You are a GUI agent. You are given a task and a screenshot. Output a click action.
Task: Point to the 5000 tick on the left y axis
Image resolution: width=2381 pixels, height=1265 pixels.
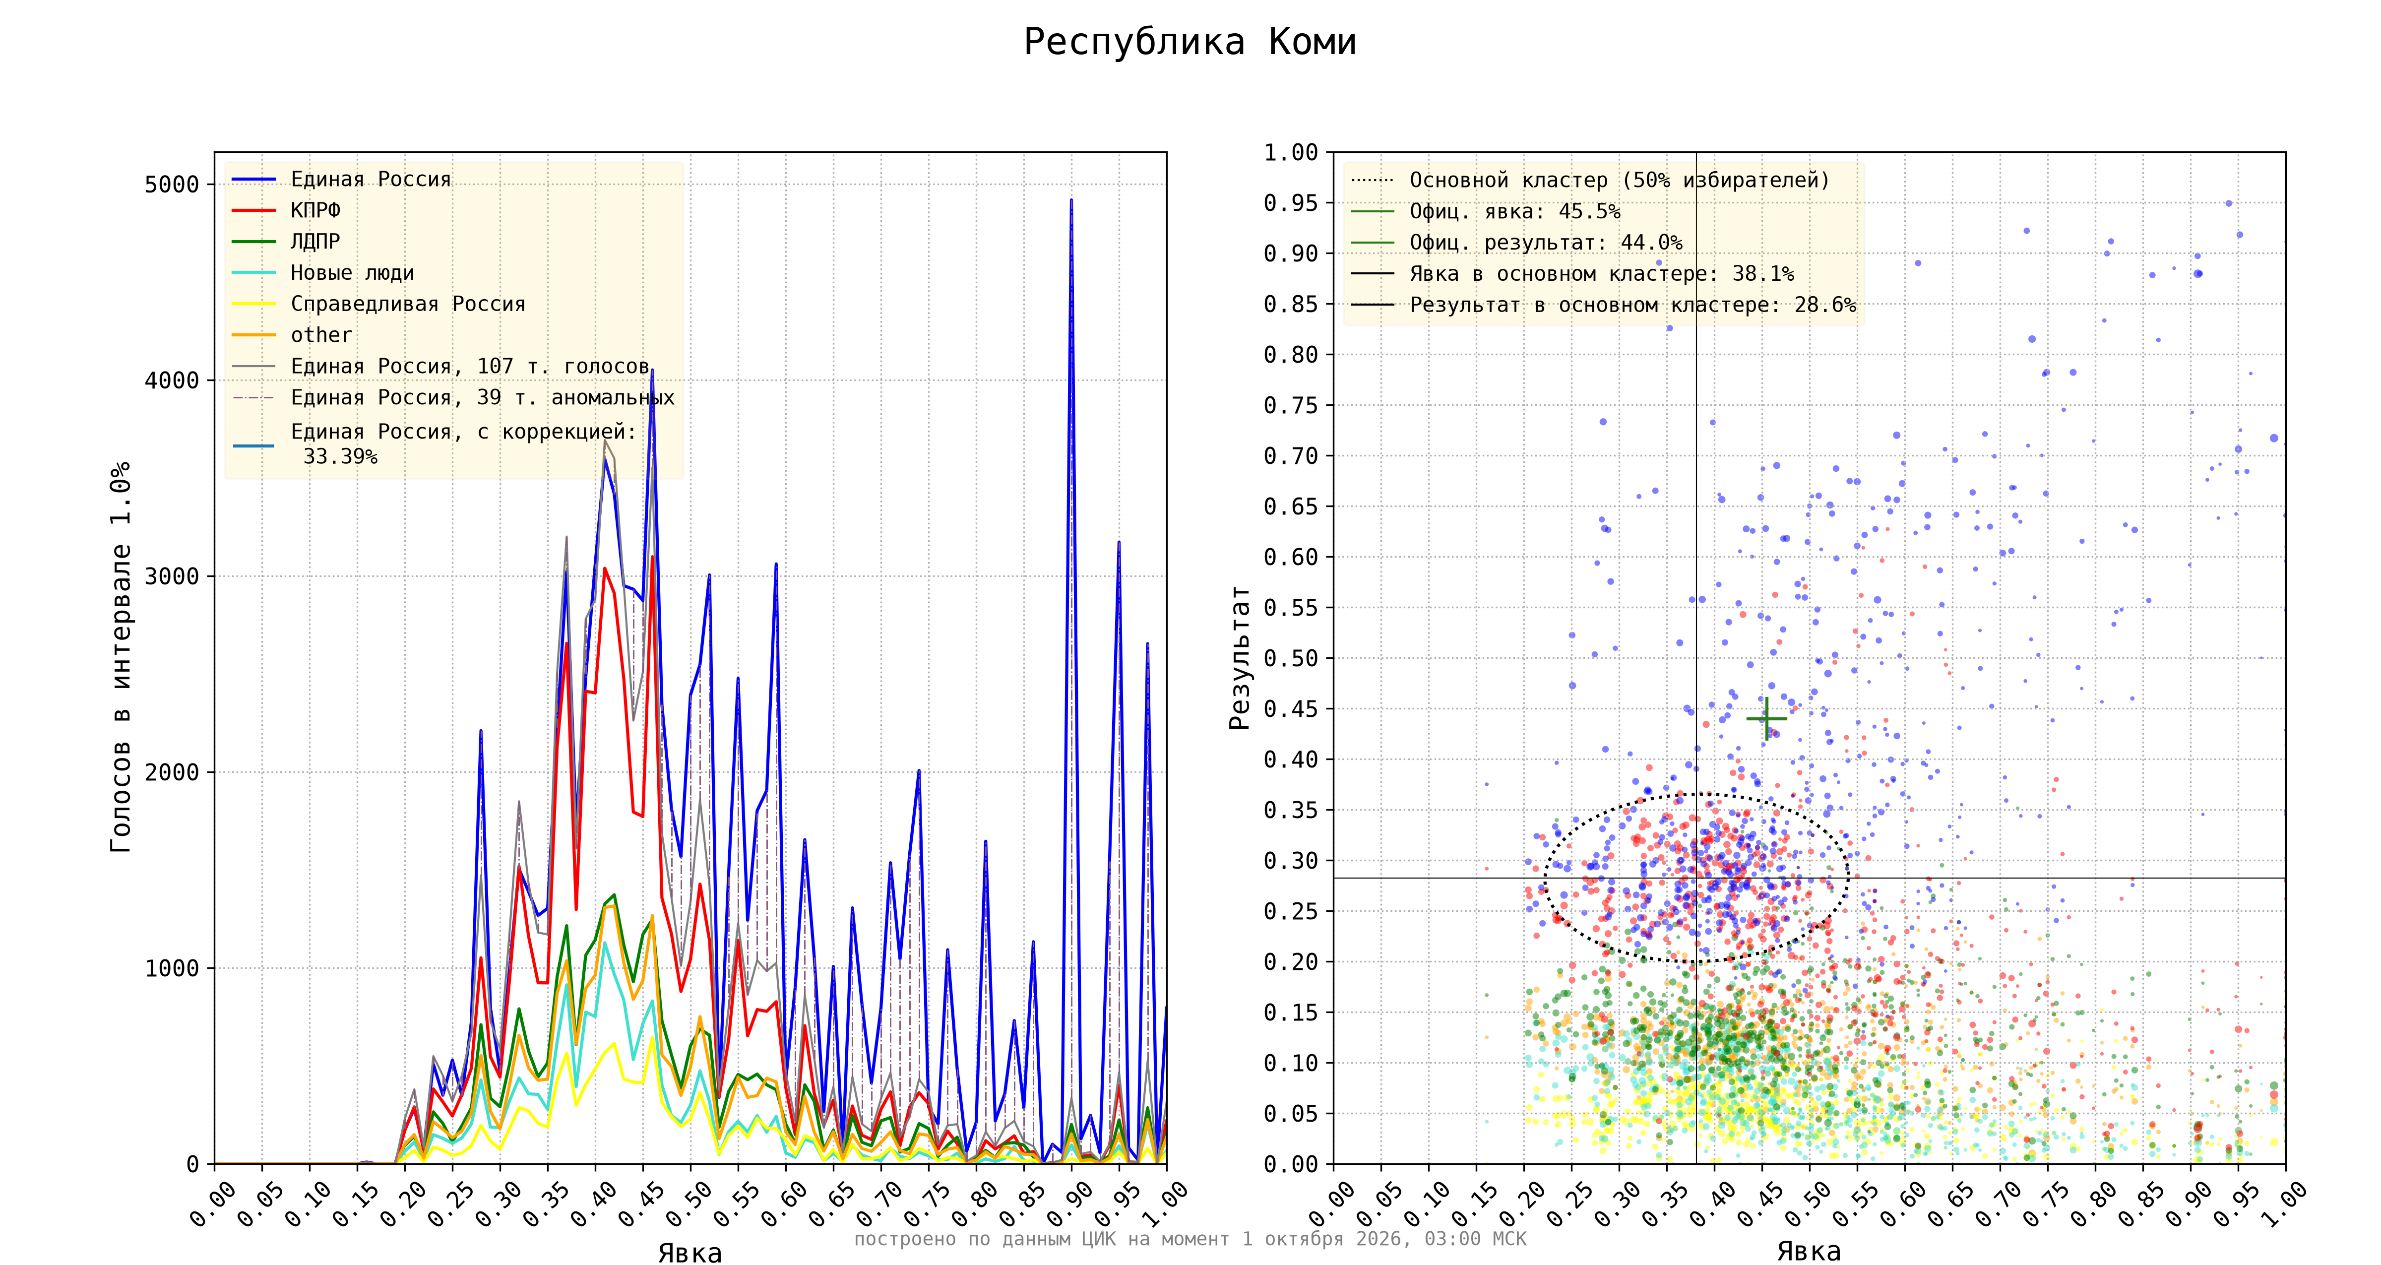(x=172, y=184)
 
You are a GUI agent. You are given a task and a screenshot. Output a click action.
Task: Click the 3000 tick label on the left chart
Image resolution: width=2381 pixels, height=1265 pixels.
(x=172, y=576)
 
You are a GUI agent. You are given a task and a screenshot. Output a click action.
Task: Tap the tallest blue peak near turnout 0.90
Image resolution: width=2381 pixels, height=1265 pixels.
(x=1071, y=200)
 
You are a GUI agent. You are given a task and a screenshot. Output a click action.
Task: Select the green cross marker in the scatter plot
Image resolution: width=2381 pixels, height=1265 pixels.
(x=1766, y=718)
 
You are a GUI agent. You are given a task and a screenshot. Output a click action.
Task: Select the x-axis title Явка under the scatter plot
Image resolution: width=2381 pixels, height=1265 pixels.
(x=1809, y=1251)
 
